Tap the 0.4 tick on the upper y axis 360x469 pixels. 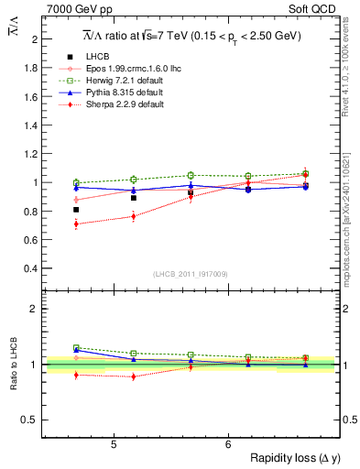[32, 268]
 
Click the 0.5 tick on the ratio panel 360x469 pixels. [32, 420]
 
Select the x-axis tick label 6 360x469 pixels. [228, 443]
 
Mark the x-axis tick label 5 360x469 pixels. [113, 443]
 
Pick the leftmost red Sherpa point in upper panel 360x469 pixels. [77, 224]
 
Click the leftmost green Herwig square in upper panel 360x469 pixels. [77, 183]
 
